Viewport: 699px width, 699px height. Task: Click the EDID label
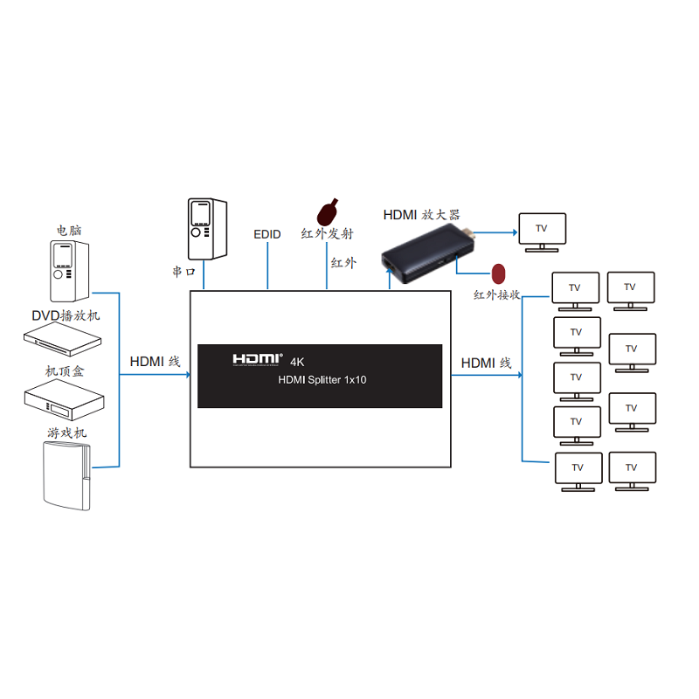(x=267, y=234)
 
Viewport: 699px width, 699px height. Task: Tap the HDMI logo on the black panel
(x=257, y=360)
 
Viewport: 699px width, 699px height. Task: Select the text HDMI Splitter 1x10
(x=322, y=380)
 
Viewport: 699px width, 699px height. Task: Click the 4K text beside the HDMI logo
(x=297, y=362)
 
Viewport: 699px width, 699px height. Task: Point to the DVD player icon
(x=62, y=339)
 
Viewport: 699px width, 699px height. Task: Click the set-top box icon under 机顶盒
(x=64, y=400)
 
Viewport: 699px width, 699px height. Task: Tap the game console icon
(x=67, y=475)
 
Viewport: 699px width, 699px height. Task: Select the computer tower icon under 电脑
(x=69, y=271)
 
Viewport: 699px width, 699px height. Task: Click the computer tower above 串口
(x=207, y=229)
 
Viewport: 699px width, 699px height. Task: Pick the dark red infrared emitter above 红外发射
(x=327, y=212)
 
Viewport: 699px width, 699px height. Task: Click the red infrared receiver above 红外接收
(x=498, y=273)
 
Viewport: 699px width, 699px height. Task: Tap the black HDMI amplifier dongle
(x=428, y=253)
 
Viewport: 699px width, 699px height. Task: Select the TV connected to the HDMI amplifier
(x=542, y=232)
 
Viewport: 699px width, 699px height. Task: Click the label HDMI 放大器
(x=421, y=215)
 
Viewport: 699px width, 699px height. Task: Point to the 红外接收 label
(x=496, y=294)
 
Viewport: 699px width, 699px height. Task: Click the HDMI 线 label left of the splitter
(x=155, y=362)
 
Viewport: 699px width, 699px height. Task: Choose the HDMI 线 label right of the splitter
(x=486, y=363)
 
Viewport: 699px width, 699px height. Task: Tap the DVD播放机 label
(x=66, y=315)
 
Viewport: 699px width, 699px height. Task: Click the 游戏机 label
(x=67, y=433)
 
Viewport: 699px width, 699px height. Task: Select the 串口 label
(x=183, y=272)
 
